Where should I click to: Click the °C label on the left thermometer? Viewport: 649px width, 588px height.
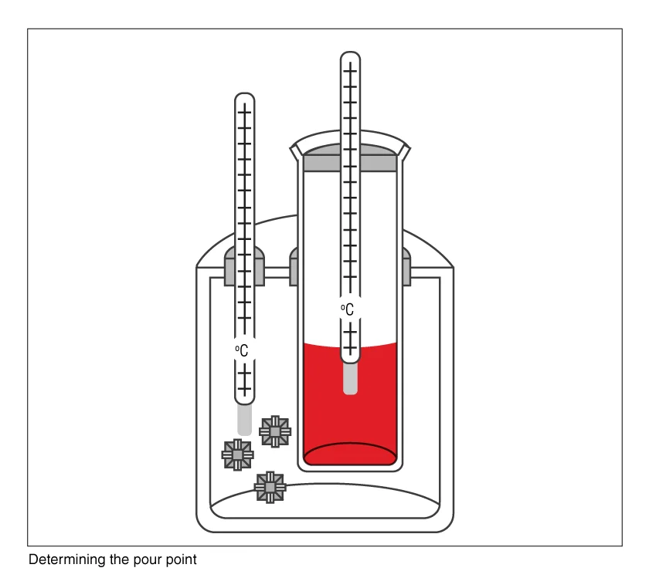pyautogui.click(x=242, y=350)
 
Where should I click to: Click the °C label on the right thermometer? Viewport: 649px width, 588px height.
pyautogui.click(x=348, y=309)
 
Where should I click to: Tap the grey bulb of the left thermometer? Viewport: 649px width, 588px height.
pyautogui.click(x=245, y=420)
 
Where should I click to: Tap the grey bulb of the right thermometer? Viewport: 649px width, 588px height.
pyautogui.click(x=350, y=379)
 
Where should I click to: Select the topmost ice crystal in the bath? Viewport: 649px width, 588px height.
pyautogui.click(x=275, y=431)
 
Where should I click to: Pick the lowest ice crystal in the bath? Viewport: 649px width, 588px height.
pyautogui.click(x=270, y=487)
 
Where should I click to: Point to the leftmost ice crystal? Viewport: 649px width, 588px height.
pyautogui.click(x=238, y=455)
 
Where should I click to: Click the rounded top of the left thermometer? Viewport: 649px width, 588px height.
pyautogui.click(x=245, y=96)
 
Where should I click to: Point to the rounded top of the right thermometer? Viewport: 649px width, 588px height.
pyautogui.click(x=350, y=55)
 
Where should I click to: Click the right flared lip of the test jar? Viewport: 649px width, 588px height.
pyautogui.click(x=404, y=152)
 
